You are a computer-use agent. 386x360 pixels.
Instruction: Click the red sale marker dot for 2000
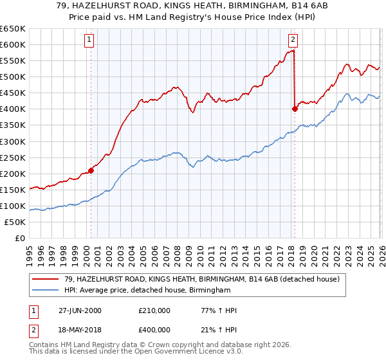point(91,170)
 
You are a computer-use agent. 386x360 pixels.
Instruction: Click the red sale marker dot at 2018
point(295,109)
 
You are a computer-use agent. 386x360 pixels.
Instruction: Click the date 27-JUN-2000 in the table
point(78,310)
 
